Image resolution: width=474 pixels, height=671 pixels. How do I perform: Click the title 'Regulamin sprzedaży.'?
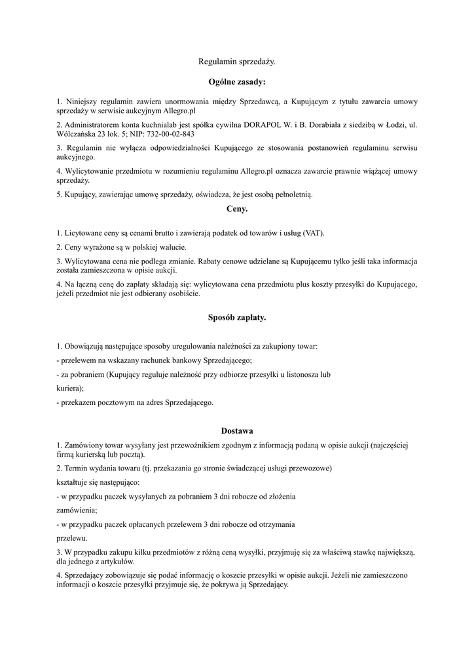pyautogui.click(x=237, y=62)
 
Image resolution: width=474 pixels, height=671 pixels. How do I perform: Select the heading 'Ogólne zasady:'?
pyautogui.click(x=237, y=83)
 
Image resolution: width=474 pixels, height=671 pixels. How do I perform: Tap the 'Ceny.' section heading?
pyautogui.click(x=237, y=209)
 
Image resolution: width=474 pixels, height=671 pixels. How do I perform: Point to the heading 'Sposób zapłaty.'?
pyautogui.click(x=237, y=317)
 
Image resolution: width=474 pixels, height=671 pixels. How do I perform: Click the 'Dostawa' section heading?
pyautogui.click(x=237, y=431)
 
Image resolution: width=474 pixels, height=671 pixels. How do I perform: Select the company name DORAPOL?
pyautogui.click(x=281, y=124)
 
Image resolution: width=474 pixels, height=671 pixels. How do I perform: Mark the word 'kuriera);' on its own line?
pyautogui.click(x=70, y=388)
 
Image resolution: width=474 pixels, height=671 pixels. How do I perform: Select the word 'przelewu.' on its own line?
pyautogui.click(x=70, y=537)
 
